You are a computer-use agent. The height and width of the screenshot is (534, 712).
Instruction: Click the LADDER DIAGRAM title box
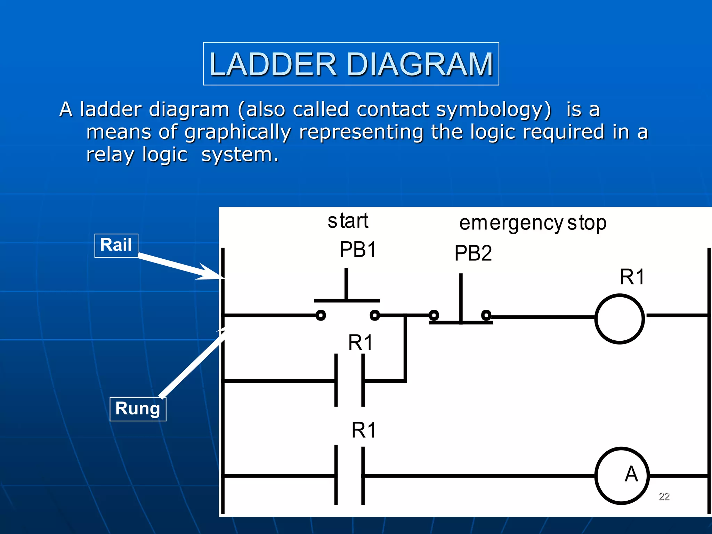pyautogui.click(x=351, y=64)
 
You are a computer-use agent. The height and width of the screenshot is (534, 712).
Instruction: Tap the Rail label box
pyautogui.click(x=116, y=245)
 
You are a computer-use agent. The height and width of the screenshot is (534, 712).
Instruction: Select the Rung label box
pyautogui.click(x=138, y=409)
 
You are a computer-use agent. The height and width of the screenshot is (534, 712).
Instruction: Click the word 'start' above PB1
pyautogui.click(x=348, y=221)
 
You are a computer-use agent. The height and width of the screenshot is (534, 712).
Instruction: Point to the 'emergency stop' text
pyautogui.click(x=533, y=223)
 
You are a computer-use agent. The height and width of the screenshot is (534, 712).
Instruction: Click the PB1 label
pyautogui.click(x=358, y=250)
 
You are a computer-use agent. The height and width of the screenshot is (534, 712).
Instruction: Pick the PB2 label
pyautogui.click(x=473, y=253)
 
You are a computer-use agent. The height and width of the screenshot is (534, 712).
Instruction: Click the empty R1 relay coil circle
pyautogui.click(x=620, y=319)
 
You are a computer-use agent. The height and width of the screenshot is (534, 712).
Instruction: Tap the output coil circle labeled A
pyautogui.click(x=622, y=475)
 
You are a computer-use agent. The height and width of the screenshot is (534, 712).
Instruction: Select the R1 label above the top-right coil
pyautogui.click(x=632, y=277)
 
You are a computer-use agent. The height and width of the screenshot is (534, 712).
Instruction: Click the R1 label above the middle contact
pyautogui.click(x=361, y=343)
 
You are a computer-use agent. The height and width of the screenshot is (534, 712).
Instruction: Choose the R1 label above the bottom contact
pyautogui.click(x=364, y=430)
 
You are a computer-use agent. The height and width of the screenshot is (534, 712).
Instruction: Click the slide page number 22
pyautogui.click(x=664, y=496)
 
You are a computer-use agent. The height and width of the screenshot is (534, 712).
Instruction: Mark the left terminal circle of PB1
pyautogui.click(x=321, y=315)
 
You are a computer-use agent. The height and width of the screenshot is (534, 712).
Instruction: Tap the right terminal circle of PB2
pyautogui.click(x=486, y=315)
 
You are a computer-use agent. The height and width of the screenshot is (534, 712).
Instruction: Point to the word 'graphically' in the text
pyautogui.click(x=237, y=132)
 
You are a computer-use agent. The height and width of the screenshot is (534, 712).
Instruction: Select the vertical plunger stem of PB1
pyautogui.click(x=346, y=283)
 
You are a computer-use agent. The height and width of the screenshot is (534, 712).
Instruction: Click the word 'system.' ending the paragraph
pyautogui.click(x=240, y=155)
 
